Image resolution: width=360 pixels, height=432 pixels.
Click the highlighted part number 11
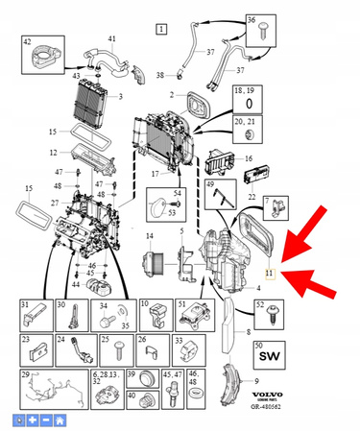tap(271, 273)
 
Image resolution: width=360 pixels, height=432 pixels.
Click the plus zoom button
tap(32, 420)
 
